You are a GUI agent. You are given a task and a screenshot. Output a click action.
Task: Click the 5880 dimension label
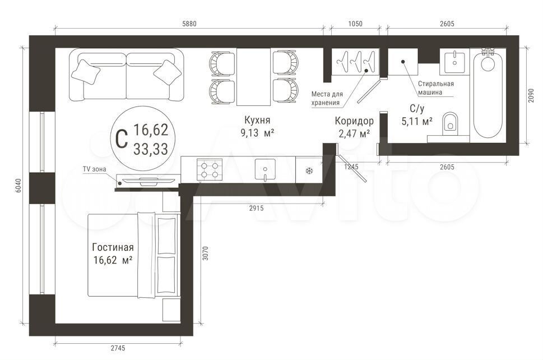pyautogui.click(x=189, y=24)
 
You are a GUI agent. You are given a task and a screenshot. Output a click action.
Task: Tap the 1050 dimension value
pyautogui.click(x=355, y=24)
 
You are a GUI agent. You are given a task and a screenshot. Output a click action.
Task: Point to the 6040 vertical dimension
pyautogui.click(x=18, y=186)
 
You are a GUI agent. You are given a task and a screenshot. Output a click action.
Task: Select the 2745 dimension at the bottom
pyautogui.click(x=118, y=348)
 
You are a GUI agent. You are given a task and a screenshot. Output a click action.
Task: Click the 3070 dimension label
pyautogui.click(x=205, y=253)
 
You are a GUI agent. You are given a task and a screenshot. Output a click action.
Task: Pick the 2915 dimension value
pyautogui.click(x=256, y=208)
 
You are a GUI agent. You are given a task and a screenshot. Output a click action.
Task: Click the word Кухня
pyautogui.click(x=257, y=120)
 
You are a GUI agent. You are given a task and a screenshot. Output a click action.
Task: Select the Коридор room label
pyautogui.click(x=354, y=121)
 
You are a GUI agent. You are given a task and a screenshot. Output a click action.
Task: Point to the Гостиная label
pyautogui.click(x=113, y=247)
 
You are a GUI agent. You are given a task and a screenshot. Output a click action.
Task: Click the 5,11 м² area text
pyautogui.click(x=416, y=122)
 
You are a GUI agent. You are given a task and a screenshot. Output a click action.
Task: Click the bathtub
pyautogui.click(x=488, y=95)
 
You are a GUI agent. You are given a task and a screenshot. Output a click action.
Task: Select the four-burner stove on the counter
pyautogui.click(x=210, y=170)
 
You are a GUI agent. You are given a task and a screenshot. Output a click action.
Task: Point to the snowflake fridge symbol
pyautogui.click(x=309, y=170)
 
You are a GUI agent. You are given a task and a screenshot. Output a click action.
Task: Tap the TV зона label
pyautogui.click(x=94, y=169)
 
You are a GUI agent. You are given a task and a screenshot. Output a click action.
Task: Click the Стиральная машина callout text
pyautogui.click(x=435, y=88)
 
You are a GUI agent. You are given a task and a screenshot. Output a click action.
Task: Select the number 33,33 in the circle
pyautogui.click(x=151, y=149)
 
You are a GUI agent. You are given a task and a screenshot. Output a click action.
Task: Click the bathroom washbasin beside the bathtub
pyautogui.click(x=454, y=61)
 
